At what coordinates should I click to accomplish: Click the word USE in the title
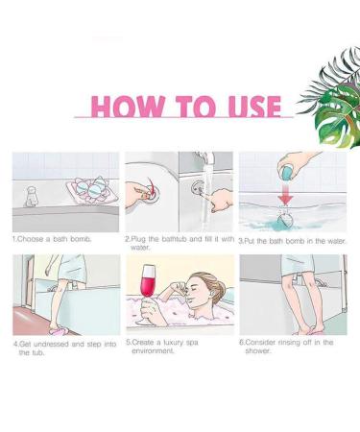[x=255, y=106]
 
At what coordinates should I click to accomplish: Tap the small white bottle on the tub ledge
[x=31, y=197]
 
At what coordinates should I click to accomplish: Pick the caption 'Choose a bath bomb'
[x=52, y=239]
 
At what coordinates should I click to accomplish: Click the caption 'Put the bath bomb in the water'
[x=293, y=241]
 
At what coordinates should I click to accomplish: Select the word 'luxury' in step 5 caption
[x=174, y=343]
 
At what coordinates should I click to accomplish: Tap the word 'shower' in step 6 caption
[x=257, y=351]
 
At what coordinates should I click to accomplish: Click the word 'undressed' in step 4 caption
[x=52, y=345]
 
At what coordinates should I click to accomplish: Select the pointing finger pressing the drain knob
[x=221, y=199]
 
